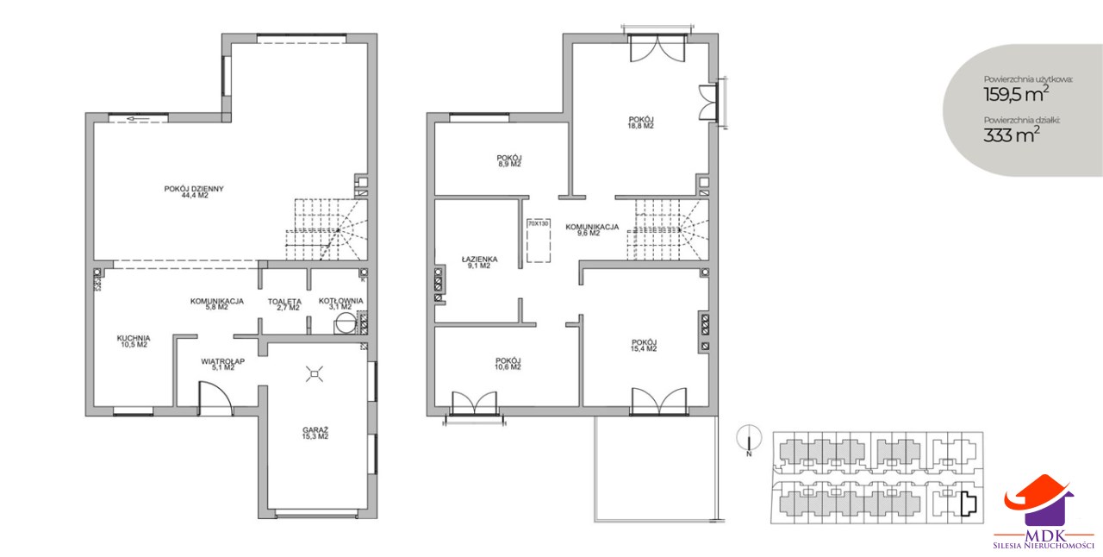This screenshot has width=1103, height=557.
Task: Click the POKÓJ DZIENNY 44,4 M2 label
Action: coord(194,191)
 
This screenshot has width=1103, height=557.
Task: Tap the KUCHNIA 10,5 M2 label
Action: coord(134,341)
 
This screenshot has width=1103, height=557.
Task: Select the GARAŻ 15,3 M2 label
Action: coord(315,434)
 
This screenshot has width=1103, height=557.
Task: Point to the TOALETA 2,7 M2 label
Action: coord(284,304)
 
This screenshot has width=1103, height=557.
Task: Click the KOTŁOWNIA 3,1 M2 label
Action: coord(340,304)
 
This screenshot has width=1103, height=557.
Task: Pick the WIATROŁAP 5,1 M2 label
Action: coord(222,364)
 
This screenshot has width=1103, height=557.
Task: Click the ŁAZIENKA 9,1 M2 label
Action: coord(479,262)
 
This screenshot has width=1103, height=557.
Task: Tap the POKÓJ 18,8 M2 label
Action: coord(640,122)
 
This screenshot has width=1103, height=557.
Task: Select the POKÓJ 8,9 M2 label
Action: coord(509,160)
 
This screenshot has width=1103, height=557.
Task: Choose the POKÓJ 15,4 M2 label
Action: coord(644,345)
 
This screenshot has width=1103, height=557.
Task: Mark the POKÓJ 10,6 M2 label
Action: coord(508,364)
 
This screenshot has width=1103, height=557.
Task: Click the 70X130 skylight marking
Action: coord(539,241)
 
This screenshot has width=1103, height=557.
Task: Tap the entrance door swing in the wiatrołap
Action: coord(215,398)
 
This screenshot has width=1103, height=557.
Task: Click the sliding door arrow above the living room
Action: coord(138,119)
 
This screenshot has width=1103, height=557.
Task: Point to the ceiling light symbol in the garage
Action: coord(315,374)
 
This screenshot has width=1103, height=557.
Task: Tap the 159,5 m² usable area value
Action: coord(1016,94)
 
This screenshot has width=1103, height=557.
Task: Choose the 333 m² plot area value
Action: coord(1012,134)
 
